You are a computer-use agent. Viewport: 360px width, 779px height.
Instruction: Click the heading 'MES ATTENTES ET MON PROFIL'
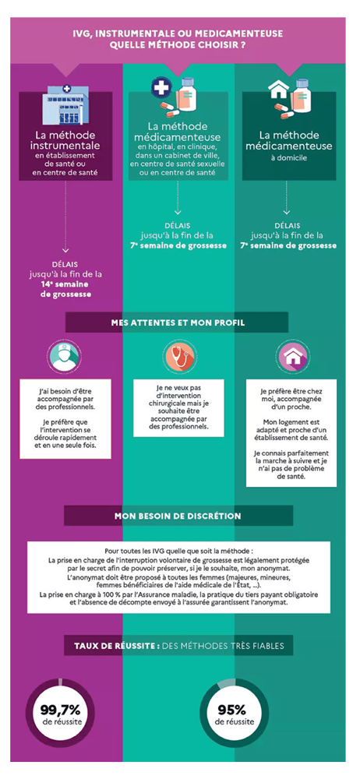pos(177,323)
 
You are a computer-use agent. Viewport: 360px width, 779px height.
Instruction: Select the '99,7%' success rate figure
pos(60,708)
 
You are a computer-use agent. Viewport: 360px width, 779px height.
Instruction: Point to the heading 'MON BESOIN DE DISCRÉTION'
pos(178,516)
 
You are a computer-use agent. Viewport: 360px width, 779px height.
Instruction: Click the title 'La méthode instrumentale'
pos(66,140)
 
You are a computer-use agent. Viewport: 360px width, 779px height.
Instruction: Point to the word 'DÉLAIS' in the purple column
pos(66,264)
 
